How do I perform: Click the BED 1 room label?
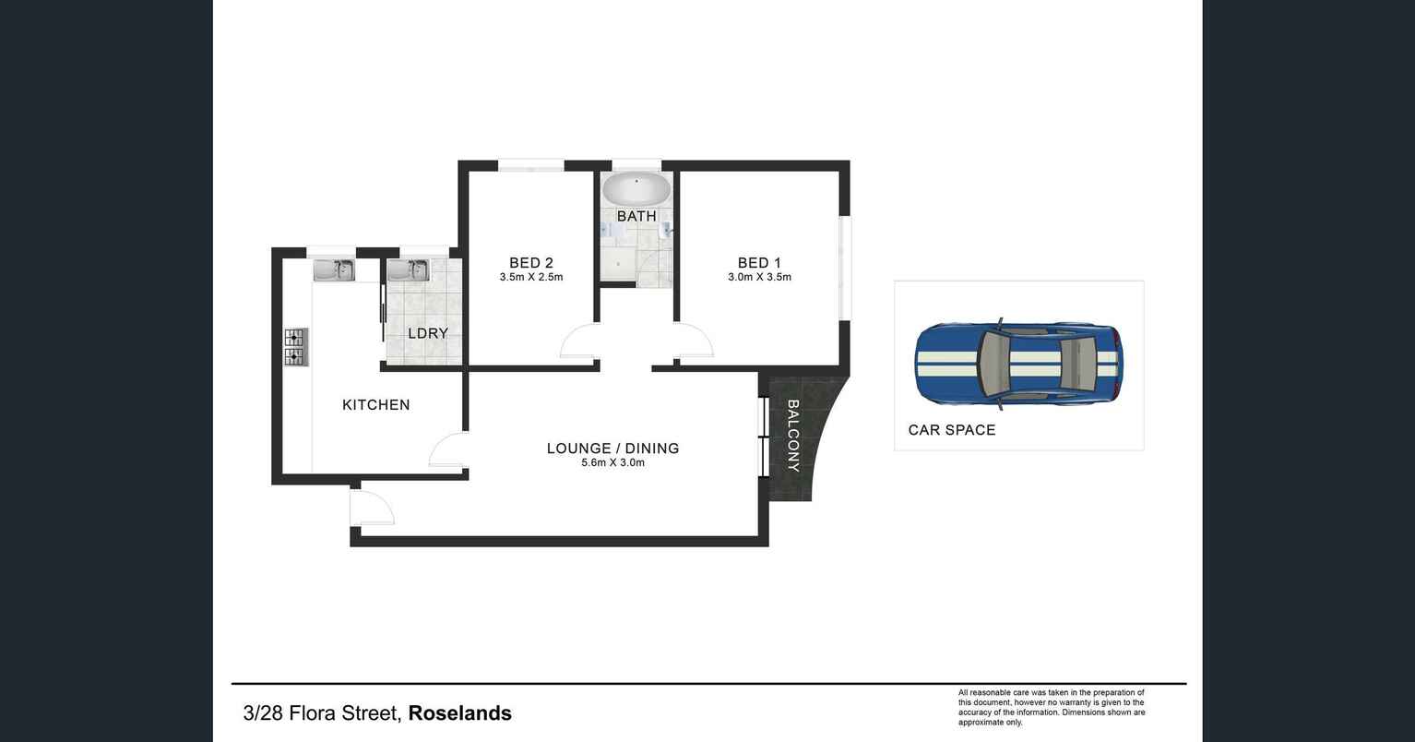[759, 263]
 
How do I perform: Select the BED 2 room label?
[531, 263]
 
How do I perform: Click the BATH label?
[636, 216]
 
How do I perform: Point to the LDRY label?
[428, 333]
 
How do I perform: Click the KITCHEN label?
[375, 404]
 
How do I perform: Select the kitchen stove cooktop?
[295, 347]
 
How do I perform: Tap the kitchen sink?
[333, 269]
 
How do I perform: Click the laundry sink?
[407, 269]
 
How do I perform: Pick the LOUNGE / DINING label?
[612, 449]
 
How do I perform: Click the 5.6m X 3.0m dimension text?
[612, 463]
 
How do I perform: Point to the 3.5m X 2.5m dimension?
[531, 277]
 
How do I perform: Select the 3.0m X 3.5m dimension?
[759, 277]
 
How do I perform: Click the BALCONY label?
[791, 436]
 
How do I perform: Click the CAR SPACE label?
[952, 430]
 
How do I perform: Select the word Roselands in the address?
[459, 713]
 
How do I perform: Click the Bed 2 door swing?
[579, 342]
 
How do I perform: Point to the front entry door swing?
[372, 507]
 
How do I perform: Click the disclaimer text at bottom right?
[1052, 707]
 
